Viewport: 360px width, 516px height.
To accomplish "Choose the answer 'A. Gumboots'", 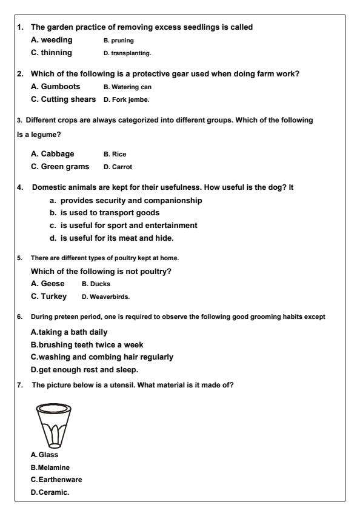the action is (55, 86).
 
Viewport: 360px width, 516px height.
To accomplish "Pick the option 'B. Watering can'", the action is (127, 87).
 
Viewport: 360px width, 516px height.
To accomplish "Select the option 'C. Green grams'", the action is (60, 166).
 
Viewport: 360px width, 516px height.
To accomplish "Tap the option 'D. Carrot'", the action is (118, 167).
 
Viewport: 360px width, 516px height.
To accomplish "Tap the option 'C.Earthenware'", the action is (56, 479).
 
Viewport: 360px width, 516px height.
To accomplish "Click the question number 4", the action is (20, 187).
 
